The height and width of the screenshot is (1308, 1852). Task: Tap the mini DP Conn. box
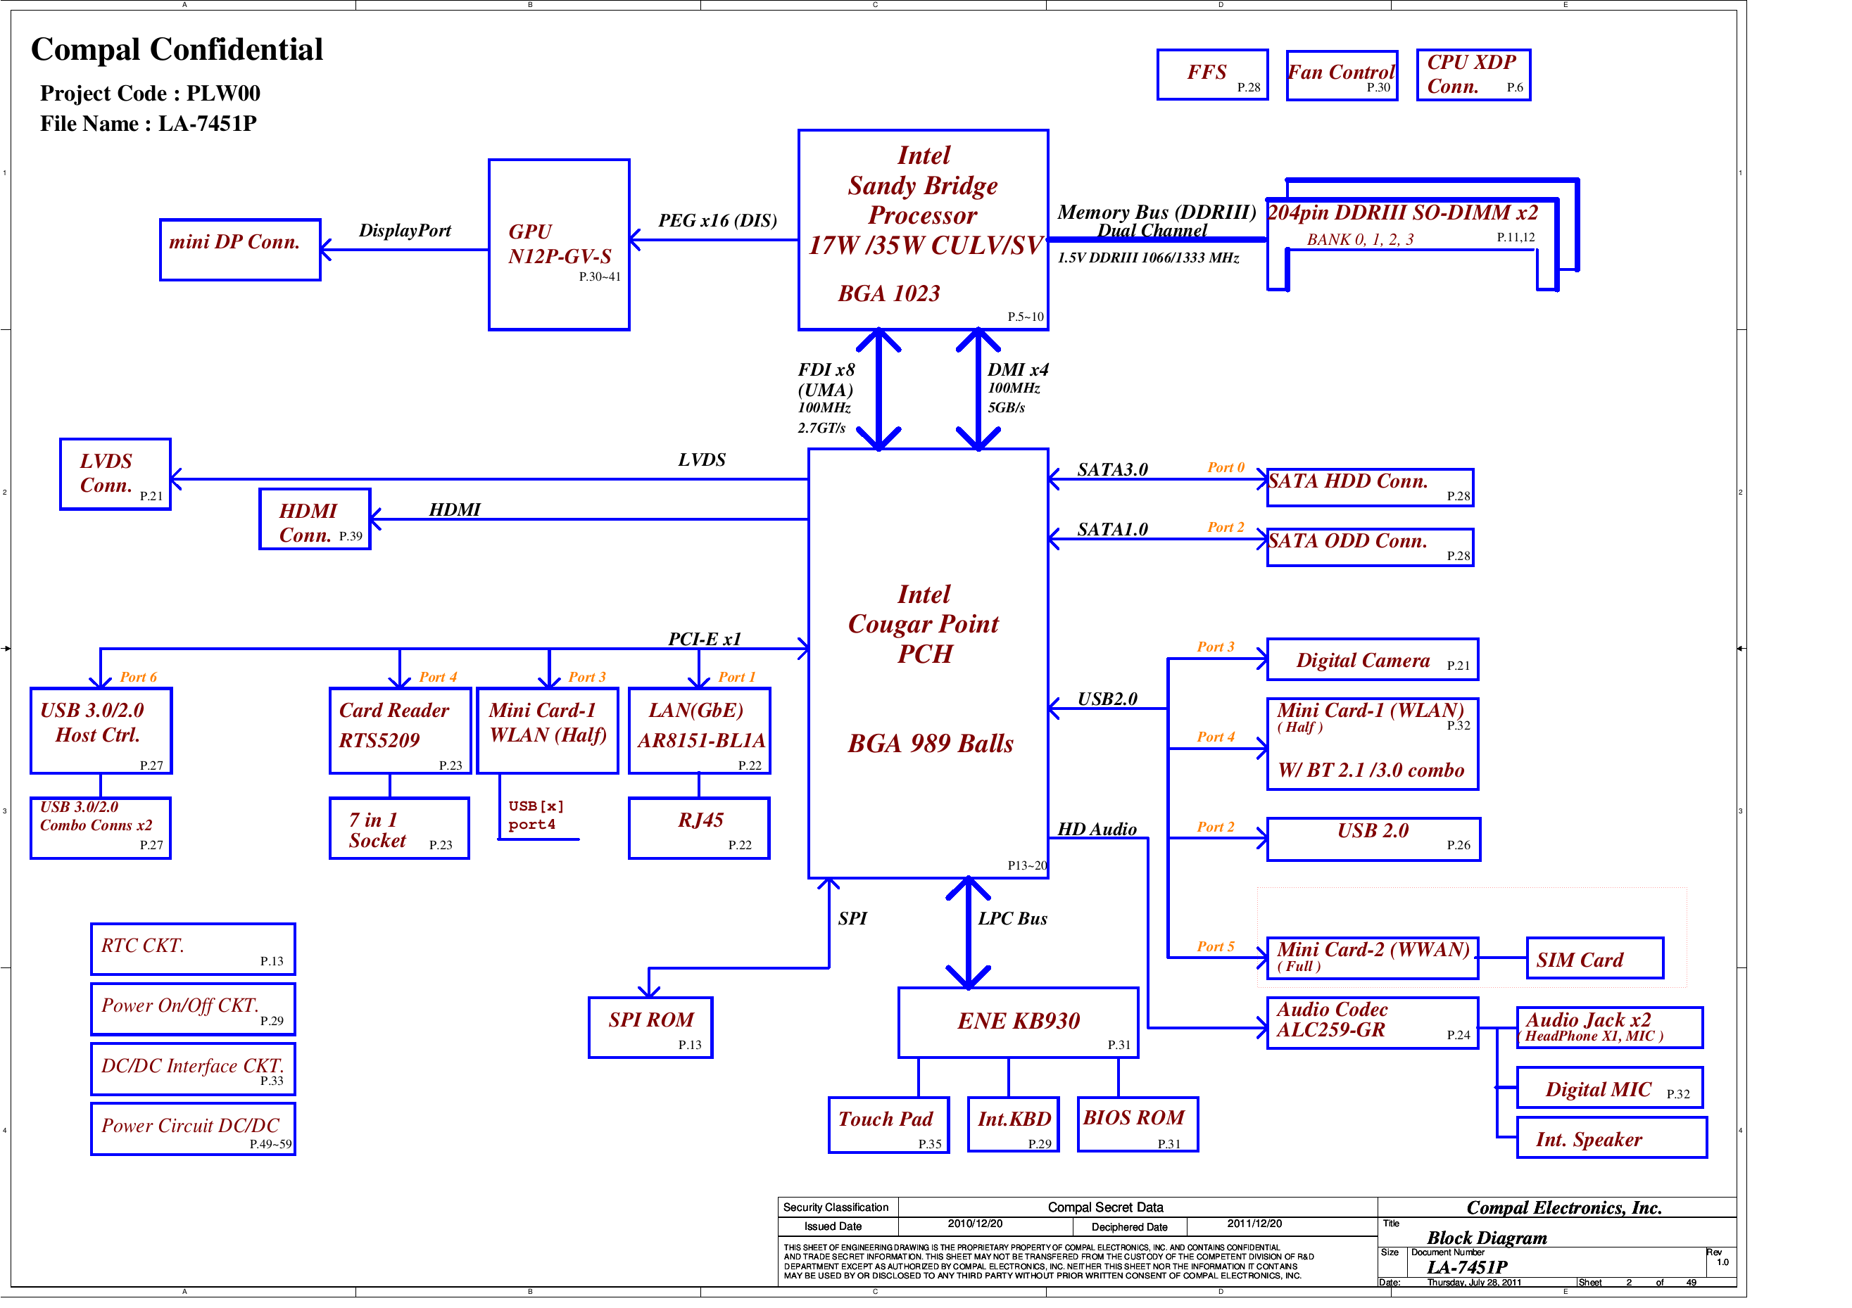[239, 249]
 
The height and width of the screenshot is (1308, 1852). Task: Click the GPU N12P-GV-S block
[558, 244]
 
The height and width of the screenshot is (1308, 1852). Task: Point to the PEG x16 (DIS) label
[717, 220]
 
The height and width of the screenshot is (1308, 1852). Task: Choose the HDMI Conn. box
[314, 519]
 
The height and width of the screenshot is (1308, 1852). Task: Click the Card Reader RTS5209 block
[399, 730]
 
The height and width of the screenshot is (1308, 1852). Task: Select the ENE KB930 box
[1017, 1022]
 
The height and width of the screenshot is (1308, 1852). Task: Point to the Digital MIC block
[1608, 1087]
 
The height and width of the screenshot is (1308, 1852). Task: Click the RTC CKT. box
[192, 948]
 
